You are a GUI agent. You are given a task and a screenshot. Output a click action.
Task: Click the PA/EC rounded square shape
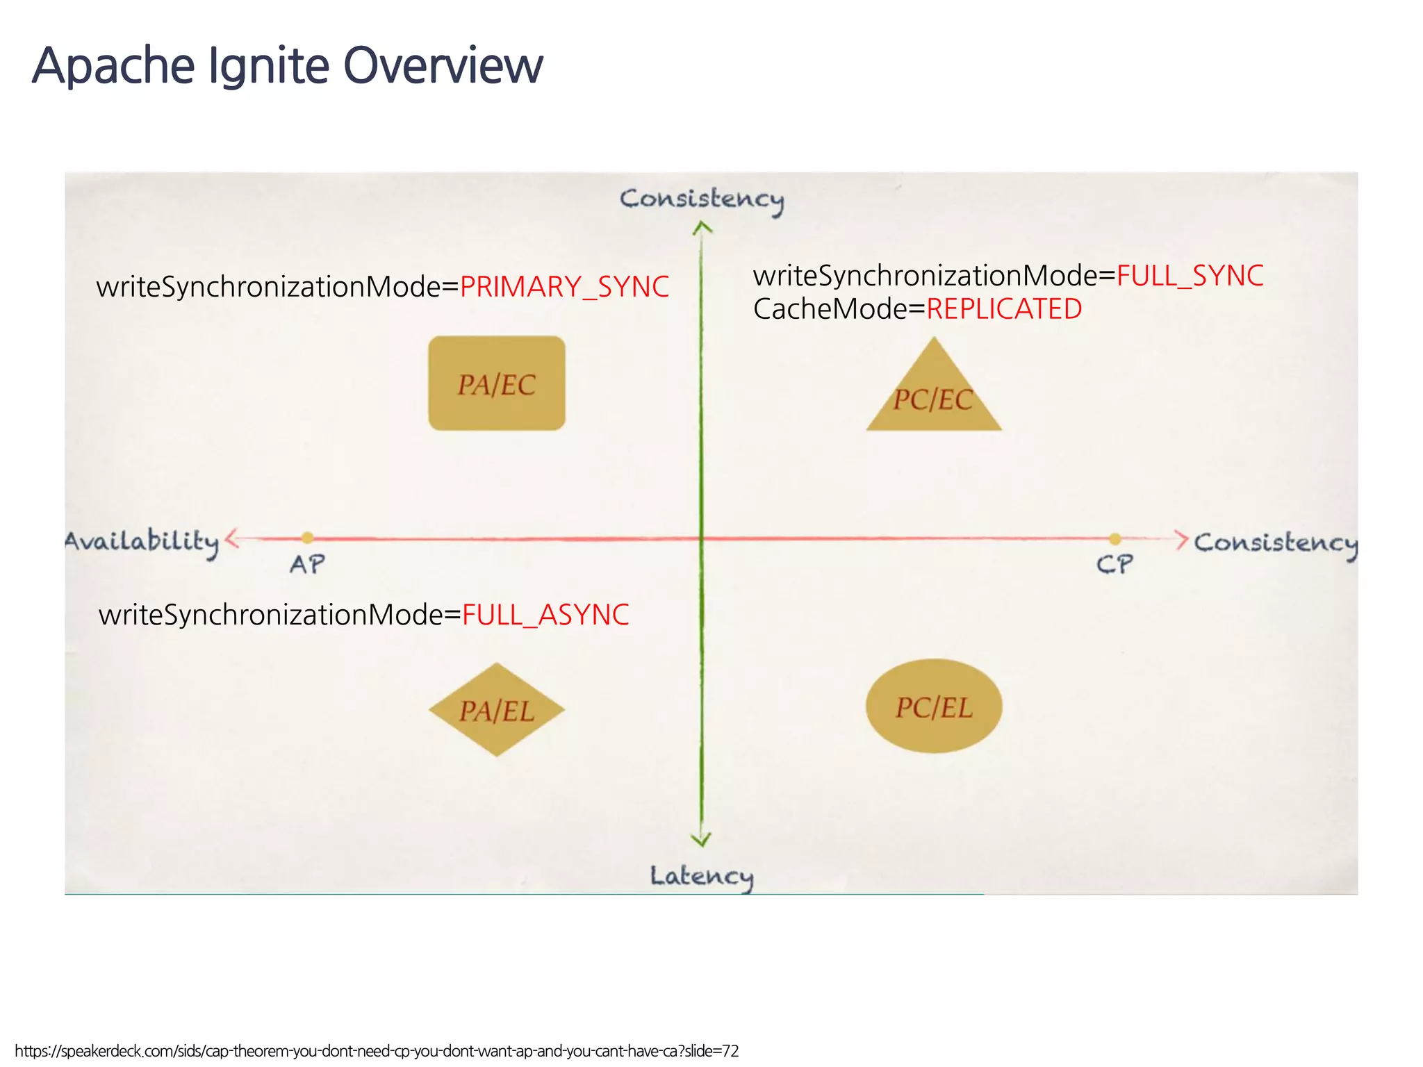496,383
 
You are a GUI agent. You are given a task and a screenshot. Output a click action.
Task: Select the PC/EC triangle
933,396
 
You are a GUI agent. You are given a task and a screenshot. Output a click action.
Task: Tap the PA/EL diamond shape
496,710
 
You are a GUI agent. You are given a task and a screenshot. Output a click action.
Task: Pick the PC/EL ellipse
933,706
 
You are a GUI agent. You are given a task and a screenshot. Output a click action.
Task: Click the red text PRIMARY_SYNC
564,287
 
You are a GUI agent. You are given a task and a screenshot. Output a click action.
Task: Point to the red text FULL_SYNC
1190,276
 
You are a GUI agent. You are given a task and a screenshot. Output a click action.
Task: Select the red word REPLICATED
1004,309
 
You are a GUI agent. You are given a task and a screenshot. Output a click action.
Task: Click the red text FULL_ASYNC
545,615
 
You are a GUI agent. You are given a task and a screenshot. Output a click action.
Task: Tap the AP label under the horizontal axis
307,564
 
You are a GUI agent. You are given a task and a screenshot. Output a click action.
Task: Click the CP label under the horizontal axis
1114,564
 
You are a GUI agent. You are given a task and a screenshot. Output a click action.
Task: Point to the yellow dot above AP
307,538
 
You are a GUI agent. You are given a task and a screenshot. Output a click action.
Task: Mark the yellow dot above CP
1114,538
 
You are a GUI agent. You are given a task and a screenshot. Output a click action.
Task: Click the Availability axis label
142,542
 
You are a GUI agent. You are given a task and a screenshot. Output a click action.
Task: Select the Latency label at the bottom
701,877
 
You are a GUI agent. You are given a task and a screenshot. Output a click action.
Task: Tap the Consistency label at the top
702,199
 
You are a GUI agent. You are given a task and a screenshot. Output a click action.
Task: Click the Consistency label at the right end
1275,543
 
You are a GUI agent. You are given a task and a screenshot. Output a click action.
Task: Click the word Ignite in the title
268,65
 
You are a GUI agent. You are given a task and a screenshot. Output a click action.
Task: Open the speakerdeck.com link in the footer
376,1051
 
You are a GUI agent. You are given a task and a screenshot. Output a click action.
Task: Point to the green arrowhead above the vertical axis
702,227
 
